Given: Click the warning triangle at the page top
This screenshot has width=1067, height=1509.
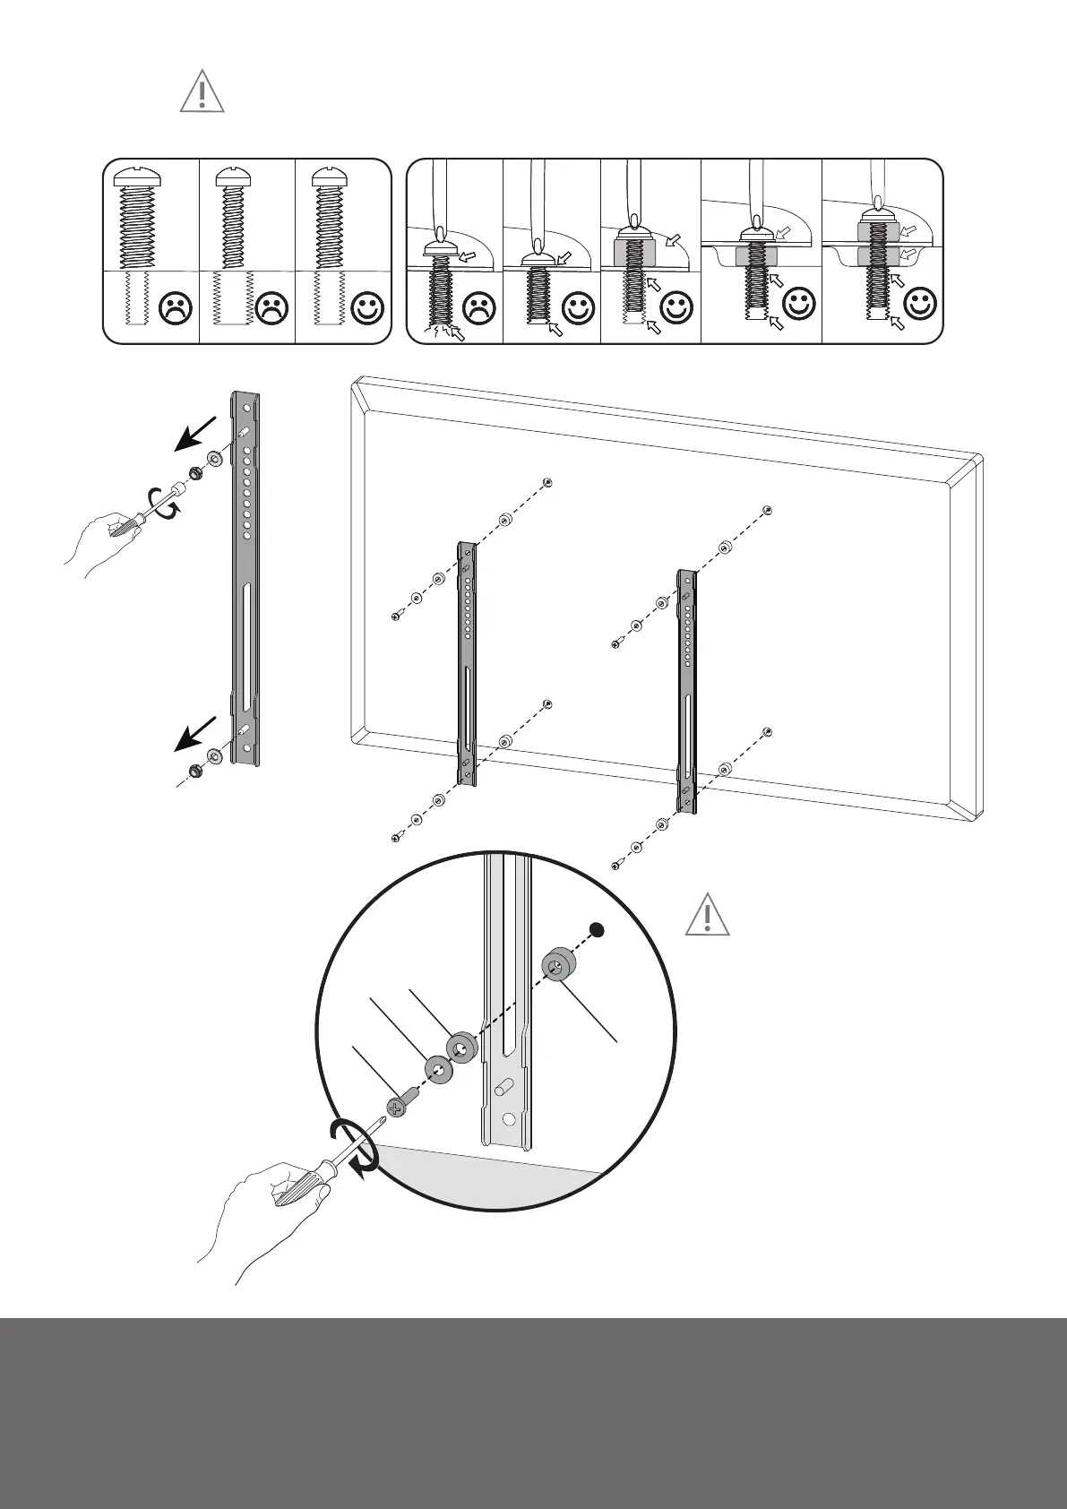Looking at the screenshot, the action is pos(202,93).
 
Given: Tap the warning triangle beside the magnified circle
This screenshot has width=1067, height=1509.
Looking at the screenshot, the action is pos(707,916).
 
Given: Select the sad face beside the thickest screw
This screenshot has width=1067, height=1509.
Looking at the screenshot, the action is pos(176,308).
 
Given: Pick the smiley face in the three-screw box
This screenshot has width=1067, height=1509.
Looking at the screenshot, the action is pos(368,308).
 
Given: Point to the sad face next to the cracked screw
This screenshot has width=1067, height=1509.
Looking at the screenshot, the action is pos(478,308).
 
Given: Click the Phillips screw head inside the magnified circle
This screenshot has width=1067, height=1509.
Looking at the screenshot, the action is pos(397,1108).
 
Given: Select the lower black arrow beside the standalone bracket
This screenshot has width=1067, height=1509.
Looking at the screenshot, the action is pos(196,733).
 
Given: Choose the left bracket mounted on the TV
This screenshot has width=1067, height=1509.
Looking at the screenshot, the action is pos(467,663).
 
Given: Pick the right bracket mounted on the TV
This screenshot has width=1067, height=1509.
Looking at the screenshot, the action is pos(686,690).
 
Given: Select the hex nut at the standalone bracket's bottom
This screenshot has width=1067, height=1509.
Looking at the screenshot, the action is pos(194,770).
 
